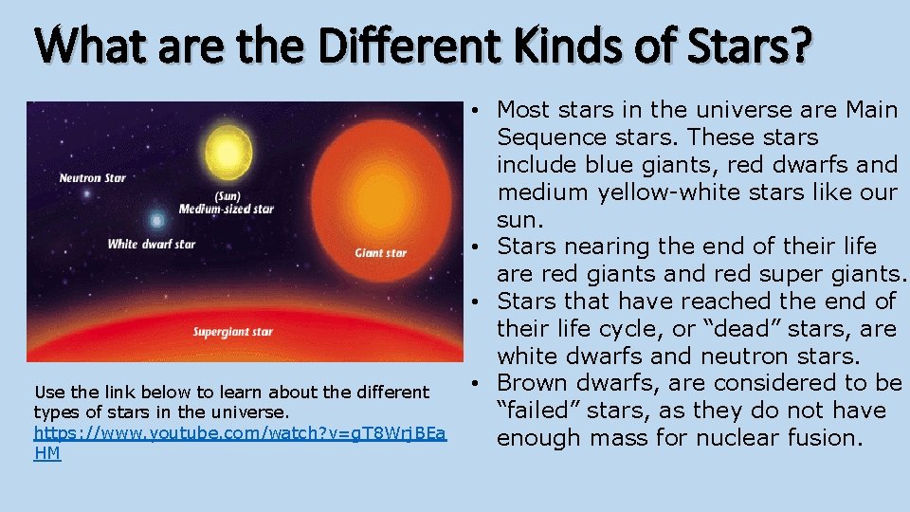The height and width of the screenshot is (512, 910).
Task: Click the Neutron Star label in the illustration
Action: tap(92, 178)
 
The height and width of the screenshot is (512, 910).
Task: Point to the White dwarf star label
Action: tap(152, 245)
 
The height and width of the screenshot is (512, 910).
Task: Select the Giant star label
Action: tap(381, 253)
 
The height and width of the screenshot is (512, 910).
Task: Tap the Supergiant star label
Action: tap(233, 332)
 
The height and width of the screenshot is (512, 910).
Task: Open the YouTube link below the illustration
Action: tap(240, 432)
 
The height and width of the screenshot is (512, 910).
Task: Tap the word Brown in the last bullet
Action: tap(533, 383)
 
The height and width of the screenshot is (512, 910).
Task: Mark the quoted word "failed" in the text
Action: tap(537, 411)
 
